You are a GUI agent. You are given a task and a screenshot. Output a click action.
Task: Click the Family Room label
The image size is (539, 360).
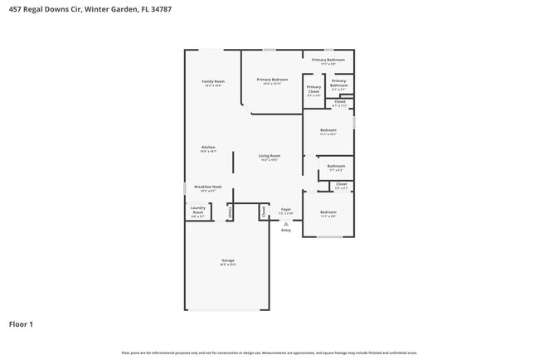tap(213, 82)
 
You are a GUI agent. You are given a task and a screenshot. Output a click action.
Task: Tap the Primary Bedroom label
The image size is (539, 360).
tap(272, 80)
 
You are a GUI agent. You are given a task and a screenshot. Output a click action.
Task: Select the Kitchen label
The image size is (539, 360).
tap(208, 148)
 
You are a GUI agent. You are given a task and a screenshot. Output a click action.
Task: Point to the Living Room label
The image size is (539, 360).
tap(269, 157)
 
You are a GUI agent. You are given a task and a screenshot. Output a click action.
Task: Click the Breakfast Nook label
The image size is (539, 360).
tap(208, 188)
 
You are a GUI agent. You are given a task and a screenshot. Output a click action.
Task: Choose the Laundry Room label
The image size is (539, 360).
tap(197, 211)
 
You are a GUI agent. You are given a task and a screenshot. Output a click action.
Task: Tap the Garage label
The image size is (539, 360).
tap(228, 261)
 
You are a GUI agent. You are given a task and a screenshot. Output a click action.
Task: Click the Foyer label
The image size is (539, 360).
tap(285, 210)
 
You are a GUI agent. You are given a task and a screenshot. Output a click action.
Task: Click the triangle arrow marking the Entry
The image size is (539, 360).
tap(285, 223)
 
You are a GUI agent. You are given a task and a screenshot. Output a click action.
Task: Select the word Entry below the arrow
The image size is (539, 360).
tap(285, 231)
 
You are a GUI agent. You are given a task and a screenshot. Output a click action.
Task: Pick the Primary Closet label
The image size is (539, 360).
tap(313, 90)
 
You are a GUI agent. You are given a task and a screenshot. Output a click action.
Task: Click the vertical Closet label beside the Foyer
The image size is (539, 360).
tap(265, 212)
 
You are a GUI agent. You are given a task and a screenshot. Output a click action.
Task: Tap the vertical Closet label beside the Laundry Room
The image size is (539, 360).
tap(230, 212)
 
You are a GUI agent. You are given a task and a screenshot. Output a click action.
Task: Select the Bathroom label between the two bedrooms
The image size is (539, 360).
tap(336, 167)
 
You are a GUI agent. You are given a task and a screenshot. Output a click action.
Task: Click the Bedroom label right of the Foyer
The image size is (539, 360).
tap(328, 213)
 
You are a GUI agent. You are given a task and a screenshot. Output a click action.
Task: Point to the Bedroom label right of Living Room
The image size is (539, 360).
tap(328, 130)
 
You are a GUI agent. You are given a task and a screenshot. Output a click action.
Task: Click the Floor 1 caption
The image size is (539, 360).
tap(21, 324)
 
